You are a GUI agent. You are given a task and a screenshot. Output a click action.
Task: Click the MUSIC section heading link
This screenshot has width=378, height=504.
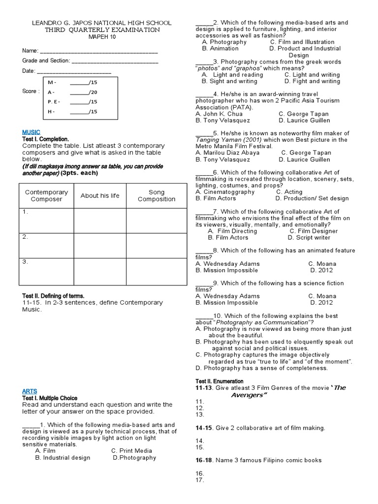(x=31, y=132)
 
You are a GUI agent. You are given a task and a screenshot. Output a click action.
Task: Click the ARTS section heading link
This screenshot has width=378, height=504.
(x=30, y=391)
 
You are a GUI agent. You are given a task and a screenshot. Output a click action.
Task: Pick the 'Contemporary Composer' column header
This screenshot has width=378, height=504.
(x=47, y=195)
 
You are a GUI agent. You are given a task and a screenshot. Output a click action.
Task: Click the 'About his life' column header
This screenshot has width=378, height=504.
(x=100, y=195)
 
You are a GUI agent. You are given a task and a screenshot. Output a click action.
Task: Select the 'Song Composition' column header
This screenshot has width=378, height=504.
(x=157, y=195)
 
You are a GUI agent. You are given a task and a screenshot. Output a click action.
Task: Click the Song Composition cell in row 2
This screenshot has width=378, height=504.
(x=157, y=246)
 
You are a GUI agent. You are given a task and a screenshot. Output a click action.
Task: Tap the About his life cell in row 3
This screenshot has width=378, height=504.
(x=100, y=271)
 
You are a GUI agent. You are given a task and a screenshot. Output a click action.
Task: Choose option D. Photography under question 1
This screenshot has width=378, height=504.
(x=134, y=458)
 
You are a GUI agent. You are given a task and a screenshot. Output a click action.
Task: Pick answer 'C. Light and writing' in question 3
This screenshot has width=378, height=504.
(x=312, y=75)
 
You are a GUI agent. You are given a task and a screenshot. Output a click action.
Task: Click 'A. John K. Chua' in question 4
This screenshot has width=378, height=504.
(x=219, y=114)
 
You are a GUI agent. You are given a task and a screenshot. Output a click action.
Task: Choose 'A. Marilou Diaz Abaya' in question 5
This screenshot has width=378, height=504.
(x=227, y=153)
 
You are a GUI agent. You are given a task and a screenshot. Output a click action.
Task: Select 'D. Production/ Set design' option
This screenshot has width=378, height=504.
(x=312, y=198)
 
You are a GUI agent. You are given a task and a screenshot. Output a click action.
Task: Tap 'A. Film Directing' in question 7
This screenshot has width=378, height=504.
(x=232, y=231)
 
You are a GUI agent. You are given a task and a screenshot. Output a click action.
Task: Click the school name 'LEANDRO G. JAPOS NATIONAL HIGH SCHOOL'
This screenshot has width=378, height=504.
(x=102, y=23)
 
